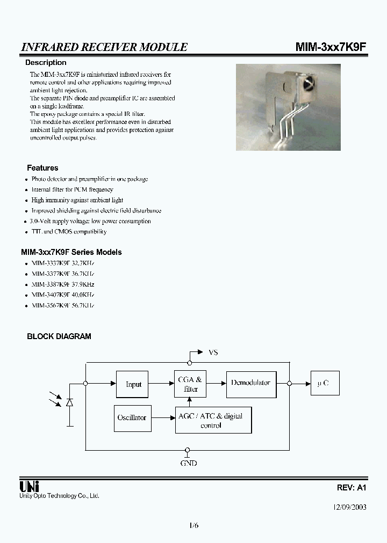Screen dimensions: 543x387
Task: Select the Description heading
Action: pyautogui.click(x=46, y=63)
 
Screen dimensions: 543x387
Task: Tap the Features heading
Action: pyautogui.click(x=42, y=168)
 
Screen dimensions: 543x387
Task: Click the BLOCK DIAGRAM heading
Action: pyautogui.click(x=59, y=336)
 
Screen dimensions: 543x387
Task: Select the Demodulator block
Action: pyautogui.click(x=251, y=384)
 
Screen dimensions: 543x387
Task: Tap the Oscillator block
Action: pyautogui.click(x=132, y=417)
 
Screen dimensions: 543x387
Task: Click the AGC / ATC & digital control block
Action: pyautogui.click(x=213, y=420)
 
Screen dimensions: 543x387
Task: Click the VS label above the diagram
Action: pyautogui.click(x=213, y=353)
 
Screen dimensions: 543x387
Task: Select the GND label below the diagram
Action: pyautogui.click(x=188, y=463)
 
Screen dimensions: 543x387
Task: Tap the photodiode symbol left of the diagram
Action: pyautogui.click(x=70, y=402)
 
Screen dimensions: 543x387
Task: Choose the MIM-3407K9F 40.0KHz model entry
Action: pyautogui.click(x=62, y=295)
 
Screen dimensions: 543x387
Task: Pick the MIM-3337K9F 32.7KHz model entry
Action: pyautogui.click(x=62, y=263)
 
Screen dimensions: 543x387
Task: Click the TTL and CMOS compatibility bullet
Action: pyautogui.click(x=69, y=232)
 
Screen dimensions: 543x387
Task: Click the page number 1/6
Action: pyautogui.click(x=193, y=525)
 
